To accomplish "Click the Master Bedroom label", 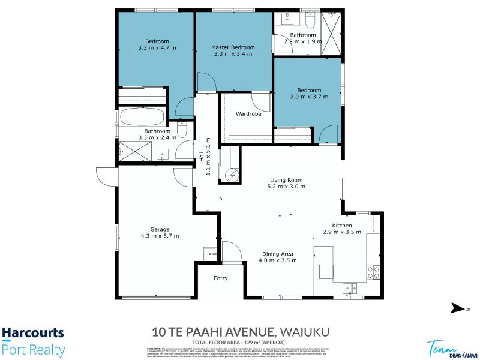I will coord(233,47).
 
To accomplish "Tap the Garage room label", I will coord(160,229).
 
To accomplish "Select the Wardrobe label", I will coord(248,114).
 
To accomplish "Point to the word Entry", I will coord(221,278).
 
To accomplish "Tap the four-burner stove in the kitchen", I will coord(373,272).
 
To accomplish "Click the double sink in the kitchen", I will coord(350,289).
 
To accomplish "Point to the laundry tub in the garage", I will coord(209,253).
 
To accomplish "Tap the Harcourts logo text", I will coord(32,333).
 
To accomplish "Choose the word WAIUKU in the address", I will coord(303,332).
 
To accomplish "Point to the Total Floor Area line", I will coord(239,342).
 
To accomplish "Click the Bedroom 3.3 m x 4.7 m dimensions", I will coord(157,47).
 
